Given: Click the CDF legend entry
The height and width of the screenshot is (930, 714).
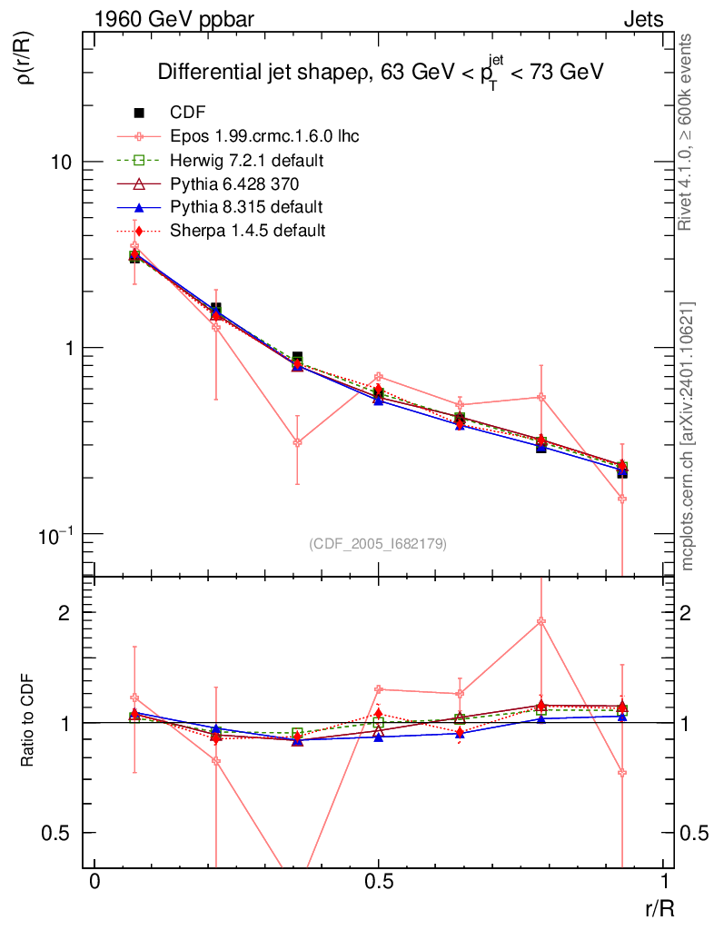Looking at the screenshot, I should (x=188, y=113).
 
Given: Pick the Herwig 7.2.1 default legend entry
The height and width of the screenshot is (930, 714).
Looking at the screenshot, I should (x=247, y=161).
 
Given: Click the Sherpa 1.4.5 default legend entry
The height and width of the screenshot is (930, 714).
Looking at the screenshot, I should (x=247, y=230).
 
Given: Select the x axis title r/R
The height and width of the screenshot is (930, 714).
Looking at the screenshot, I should (x=659, y=907).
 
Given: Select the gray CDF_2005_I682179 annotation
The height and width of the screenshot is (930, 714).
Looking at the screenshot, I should (x=378, y=543).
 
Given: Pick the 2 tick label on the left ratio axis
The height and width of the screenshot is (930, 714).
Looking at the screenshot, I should (x=65, y=612).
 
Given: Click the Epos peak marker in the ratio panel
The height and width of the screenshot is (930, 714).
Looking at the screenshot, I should (x=541, y=621).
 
